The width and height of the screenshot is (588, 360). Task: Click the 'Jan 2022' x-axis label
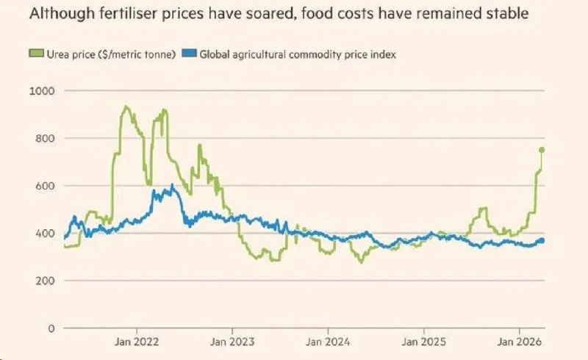tap(137, 342)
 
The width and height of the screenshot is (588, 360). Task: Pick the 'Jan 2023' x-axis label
tap(232, 342)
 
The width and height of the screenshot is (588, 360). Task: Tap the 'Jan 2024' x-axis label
tap(328, 342)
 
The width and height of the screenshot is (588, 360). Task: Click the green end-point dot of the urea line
tap(542, 150)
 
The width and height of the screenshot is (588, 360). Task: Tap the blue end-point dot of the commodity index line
tap(542, 240)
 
